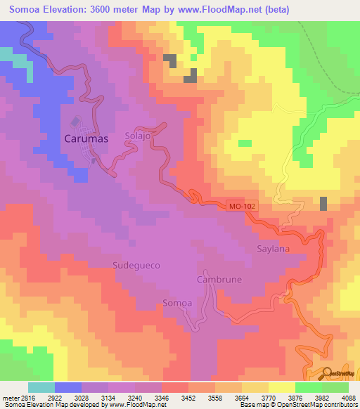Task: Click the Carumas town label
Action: coord(86,139)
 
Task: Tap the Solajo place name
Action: coord(138,136)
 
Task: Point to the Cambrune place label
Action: coord(219,279)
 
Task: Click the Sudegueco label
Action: coord(136,266)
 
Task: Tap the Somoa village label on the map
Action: coord(176,303)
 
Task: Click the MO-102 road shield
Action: coord(243,207)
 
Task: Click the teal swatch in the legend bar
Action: coord(41,387)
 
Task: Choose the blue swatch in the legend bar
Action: coord(67,387)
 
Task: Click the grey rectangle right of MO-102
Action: coord(323,203)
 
